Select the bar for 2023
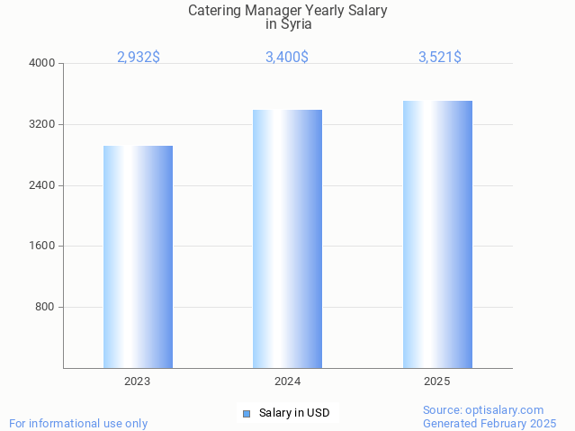click(138, 256)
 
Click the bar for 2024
click(287, 238)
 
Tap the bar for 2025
click(437, 234)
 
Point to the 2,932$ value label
click(139, 58)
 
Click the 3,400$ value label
click(287, 58)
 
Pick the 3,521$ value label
click(440, 58)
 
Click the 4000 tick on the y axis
click(43, 64)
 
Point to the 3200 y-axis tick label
click(43, 124)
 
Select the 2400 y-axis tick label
click(43, 185)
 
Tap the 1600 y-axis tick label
click(43, 247)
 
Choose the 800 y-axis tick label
click(46, 307)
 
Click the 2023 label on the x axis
click(138, 382)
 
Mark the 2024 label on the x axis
click(287, 382)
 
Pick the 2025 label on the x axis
click(437, 382)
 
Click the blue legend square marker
click(247, 414)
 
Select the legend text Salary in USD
click(294, 414)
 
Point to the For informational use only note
click(78, 424)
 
